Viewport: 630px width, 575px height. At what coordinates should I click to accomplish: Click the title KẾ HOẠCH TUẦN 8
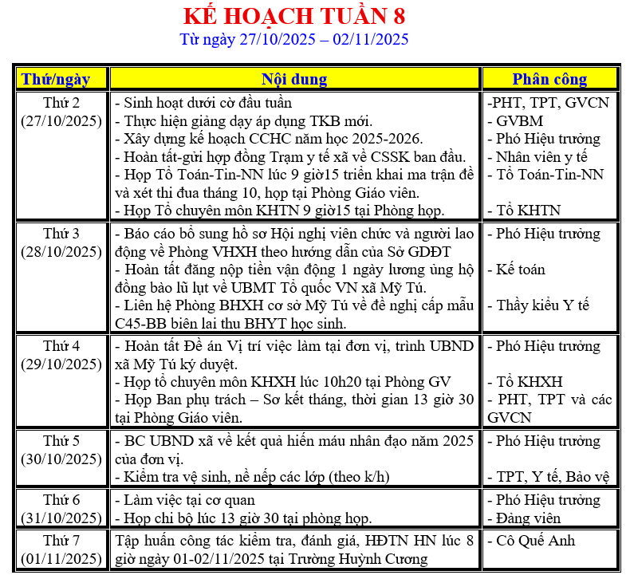[293, 16]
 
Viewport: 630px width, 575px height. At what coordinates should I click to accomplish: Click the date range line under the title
[293, 39]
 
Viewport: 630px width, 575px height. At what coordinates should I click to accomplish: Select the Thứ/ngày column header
[61, 79]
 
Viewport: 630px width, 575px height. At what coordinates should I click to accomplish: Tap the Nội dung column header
[294, 79]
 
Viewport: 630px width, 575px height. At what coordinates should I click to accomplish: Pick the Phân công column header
[549, 79]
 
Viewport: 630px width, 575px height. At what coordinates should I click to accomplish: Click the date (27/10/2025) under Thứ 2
[61, 121]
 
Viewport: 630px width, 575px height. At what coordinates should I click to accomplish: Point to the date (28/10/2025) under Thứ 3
[61, 252]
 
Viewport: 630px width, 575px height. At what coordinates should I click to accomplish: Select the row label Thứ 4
[61, 346]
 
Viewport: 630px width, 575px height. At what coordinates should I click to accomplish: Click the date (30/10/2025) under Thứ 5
[61, 459]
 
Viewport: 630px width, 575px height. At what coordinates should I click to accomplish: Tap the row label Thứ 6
[61, 500]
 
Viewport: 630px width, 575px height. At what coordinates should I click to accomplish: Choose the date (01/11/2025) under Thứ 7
[61, 558]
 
